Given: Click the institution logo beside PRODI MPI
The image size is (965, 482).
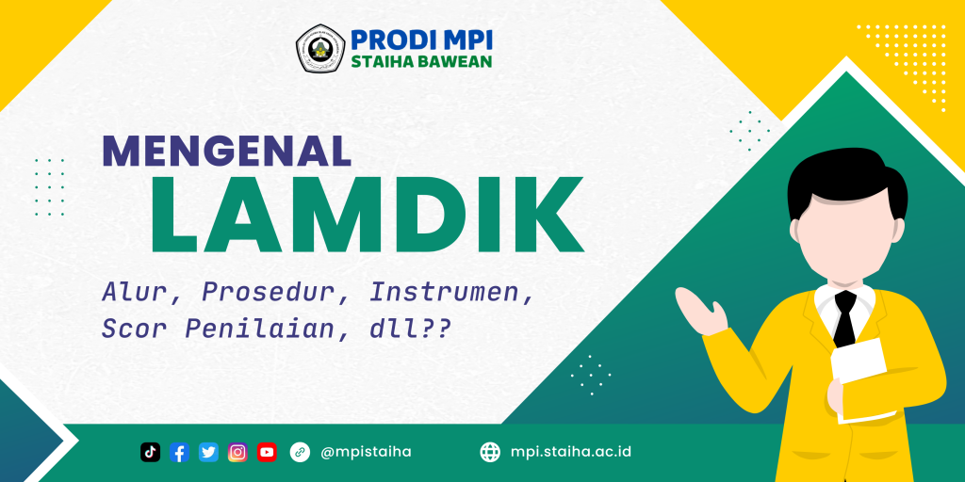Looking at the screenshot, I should pos(320,50).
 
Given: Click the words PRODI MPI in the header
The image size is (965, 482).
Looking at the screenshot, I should pos(421,40).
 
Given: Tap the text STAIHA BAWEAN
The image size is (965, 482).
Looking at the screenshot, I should pos(420,63).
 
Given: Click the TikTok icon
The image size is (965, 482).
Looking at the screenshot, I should pos(151,452).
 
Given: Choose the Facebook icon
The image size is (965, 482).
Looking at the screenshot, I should pos(180,452).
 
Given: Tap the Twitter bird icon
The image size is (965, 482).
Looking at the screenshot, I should pos(209,452).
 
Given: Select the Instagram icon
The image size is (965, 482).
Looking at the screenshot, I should pos(238,452).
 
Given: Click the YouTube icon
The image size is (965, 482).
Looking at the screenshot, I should pos(268,452).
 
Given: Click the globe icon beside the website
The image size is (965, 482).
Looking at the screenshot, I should pos(490,452).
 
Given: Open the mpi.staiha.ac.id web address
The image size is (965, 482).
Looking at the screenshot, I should pos(570,452).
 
